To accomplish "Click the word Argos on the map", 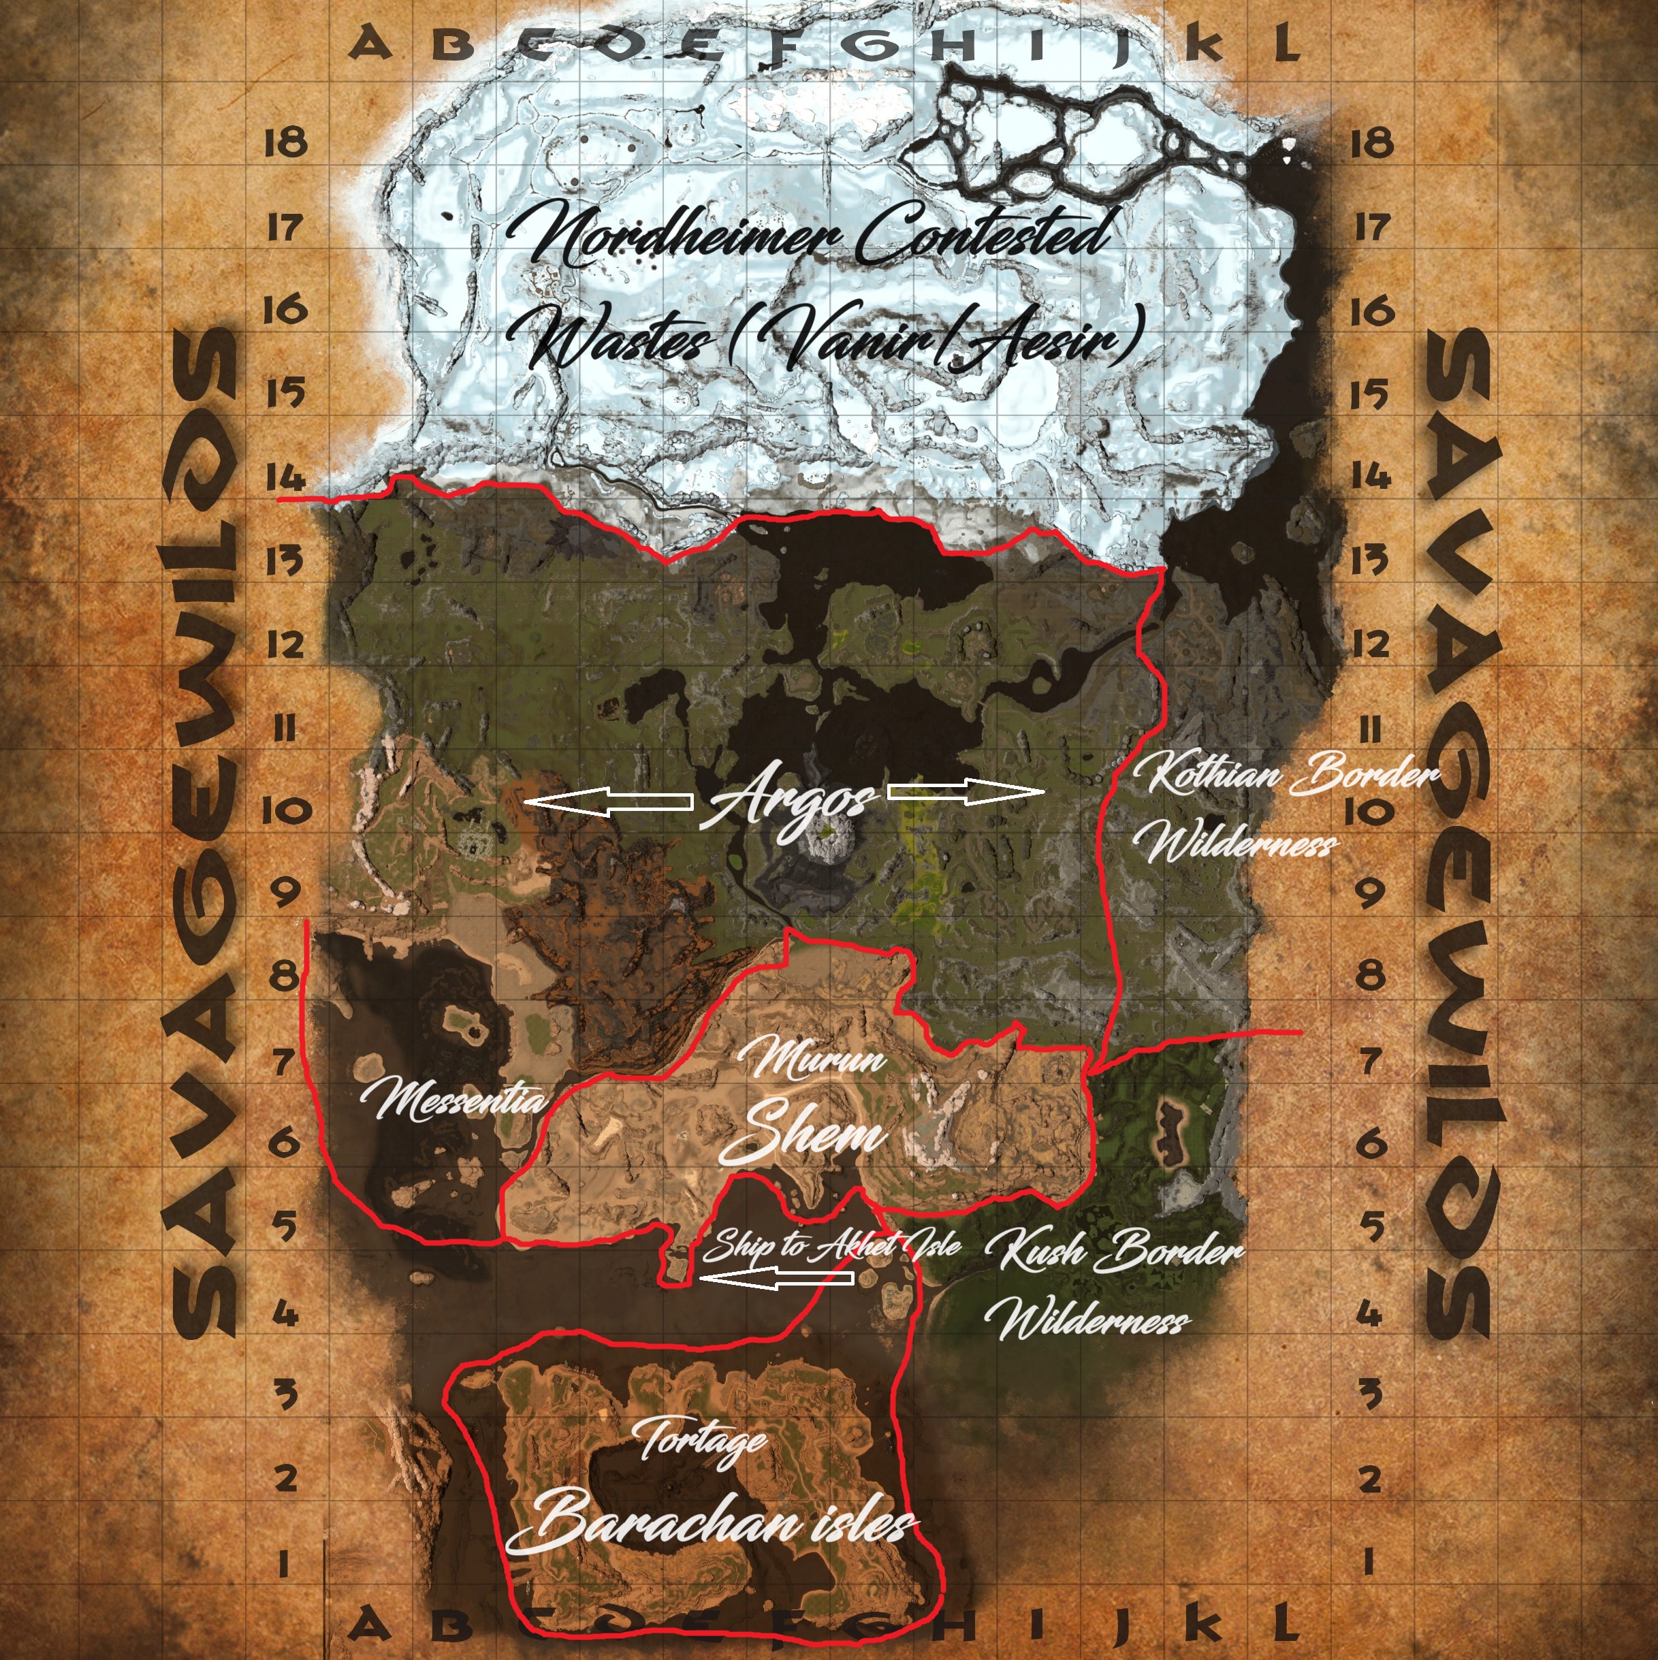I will [788, 804].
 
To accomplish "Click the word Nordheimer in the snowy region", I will [674, 234].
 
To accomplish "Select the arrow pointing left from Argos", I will [608, 803].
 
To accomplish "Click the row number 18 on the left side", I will [285, 141].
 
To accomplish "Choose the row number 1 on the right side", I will [1369, 1561].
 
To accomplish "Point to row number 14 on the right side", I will [1369, 475].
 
